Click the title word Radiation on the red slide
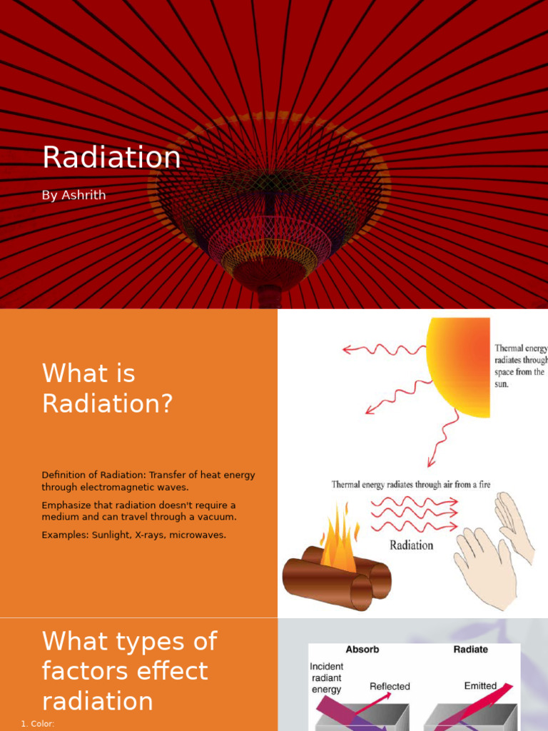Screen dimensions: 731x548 point(111,158)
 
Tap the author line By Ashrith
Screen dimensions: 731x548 point(73,195)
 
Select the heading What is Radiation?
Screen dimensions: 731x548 point(107,388)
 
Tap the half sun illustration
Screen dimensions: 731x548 point(460,367)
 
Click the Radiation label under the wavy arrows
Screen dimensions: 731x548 point(411,545)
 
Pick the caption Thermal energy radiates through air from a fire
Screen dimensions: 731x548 point(411,485)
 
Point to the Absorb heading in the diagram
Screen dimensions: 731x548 point(362,650)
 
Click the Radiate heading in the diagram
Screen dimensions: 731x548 point(471,650)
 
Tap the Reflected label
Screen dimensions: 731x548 point(390,687)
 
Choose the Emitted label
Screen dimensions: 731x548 point(480,686)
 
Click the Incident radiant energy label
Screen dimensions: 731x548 point(326,678)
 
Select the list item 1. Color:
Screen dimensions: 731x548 point(38,724)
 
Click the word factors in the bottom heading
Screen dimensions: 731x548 point(79,671)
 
